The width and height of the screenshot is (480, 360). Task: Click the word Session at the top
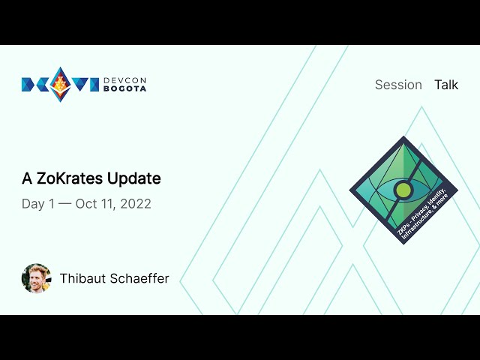(398, 85)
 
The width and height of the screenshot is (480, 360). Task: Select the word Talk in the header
(446, 85)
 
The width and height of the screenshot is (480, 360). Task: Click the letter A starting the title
(27, 178)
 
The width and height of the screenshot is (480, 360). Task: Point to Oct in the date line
(86, 204)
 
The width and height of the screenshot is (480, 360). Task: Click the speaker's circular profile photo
(36, 278)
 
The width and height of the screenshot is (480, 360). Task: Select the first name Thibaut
(82, 278)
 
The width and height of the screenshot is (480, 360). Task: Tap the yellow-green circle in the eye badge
(403, 190)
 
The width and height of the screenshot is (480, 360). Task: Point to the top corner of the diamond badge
(403, 138)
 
